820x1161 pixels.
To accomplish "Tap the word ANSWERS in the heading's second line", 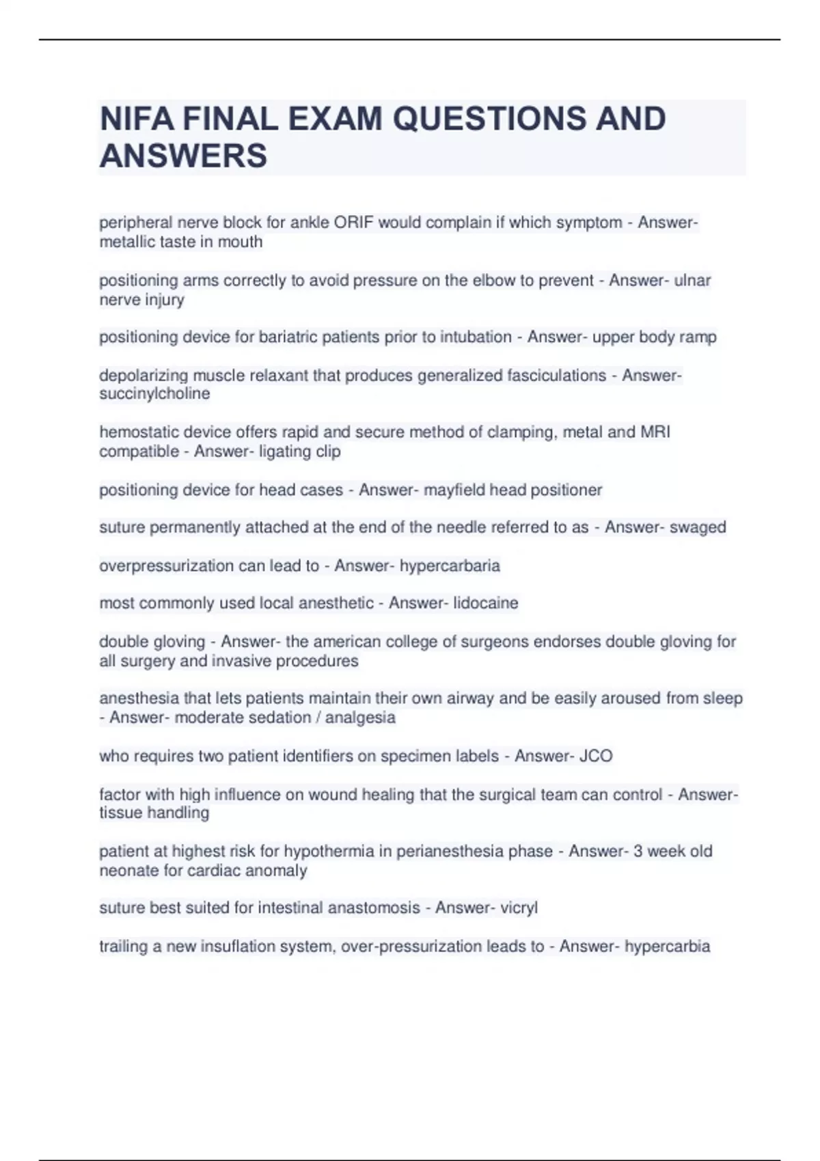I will coord(183,156).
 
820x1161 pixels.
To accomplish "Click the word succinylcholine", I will coord(154,394).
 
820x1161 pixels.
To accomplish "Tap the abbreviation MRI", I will coord(655,432).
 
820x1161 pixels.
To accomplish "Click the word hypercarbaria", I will coord(450,566).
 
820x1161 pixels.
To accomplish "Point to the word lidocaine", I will coord(485,603).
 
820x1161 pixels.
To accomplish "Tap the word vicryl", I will coord(519,908).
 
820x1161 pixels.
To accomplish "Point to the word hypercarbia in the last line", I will coord(667,947).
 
